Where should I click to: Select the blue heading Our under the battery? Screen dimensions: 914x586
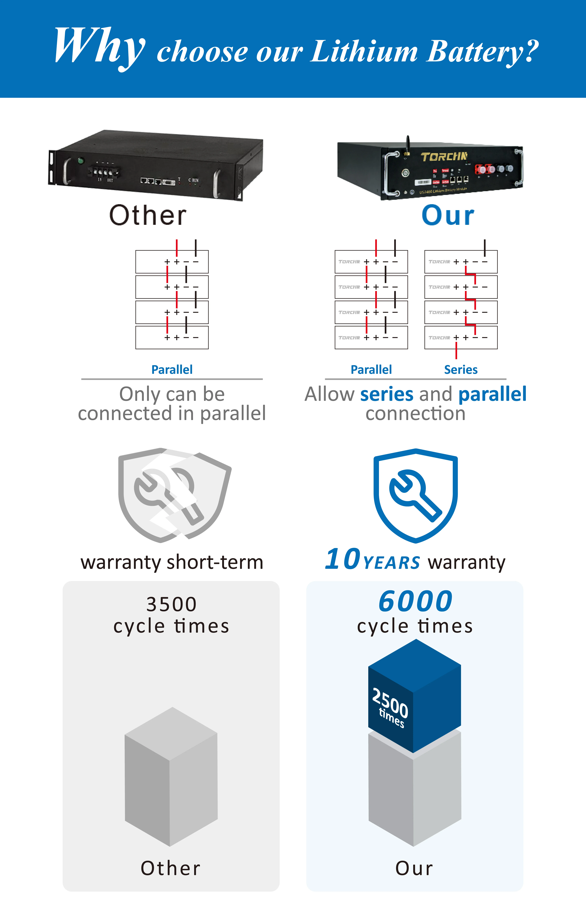[448, 216]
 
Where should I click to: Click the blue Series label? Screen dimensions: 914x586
[460, 369]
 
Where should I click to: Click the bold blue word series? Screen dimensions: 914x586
[387, 394]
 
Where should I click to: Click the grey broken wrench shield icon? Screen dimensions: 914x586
[174, 495]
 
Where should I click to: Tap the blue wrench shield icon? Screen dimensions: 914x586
[416, 495]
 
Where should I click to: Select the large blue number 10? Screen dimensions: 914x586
[342, 559]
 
